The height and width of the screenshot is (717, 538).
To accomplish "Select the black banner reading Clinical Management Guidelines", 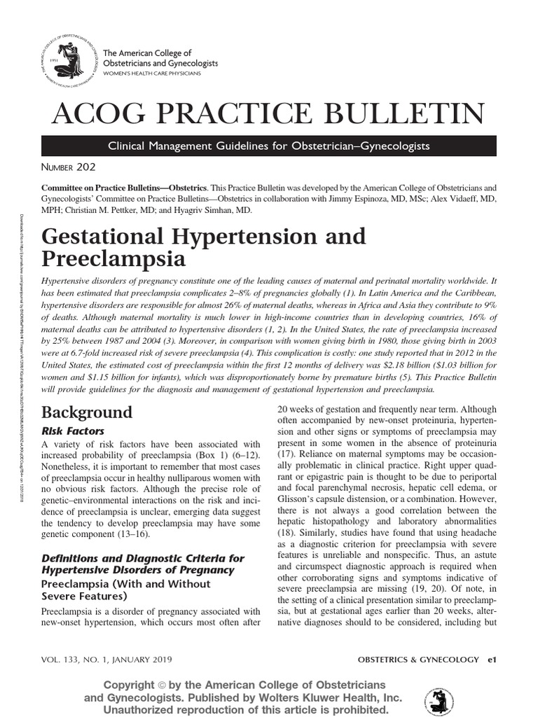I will pyautogui.click(x=268, y=146).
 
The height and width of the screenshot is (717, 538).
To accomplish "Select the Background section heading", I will pyautogui.click(x=87, y=411).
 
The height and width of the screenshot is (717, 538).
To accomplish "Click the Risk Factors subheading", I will pyautogui.click(x=75, y=431).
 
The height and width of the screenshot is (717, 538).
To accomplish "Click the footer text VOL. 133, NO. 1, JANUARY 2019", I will pyautogui.click(x=106, y=660).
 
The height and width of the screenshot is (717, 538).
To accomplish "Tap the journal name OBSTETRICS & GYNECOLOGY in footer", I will pyautogui.click(x=418, y=660).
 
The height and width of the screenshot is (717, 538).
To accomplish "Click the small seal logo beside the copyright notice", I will pyautogui.click(x=439, y=701).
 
